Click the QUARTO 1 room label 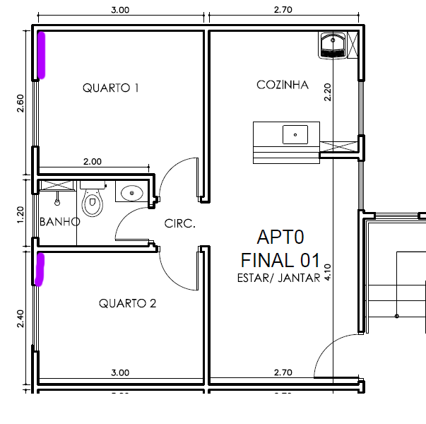click(x=111, y=88)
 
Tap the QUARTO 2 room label click(x=127, y=303)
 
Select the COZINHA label click(x=283, y=85)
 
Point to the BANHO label click(x=60, y=222)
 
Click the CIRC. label click(x=180, y=223)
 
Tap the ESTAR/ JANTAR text click(x=279, y=278)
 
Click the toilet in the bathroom click(x=92, y=199)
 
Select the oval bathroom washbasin click(x=132, y=193)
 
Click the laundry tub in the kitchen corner click(x=333, y=45)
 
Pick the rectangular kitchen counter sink click(x=295, y=134)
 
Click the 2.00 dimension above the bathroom click(x=93, y=161)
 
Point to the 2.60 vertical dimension click(x=20, y=103)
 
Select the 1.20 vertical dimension click(x=20, y=215)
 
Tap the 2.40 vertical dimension click(x=20, y=319)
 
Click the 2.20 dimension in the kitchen click(x=328, y=93)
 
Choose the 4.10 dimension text click(x=328, y=272)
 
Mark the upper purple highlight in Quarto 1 click(x=41, y=55)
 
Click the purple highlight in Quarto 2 click(x=40, y=269)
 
